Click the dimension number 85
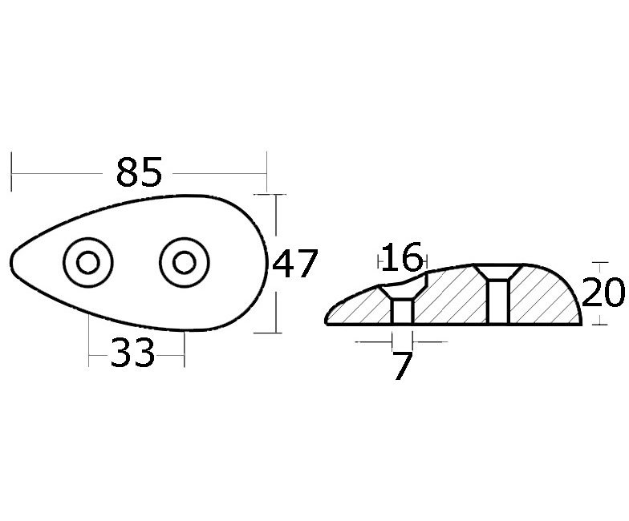click(x=139, y=172)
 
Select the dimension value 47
click(x=295, y=263)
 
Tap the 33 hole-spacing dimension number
click(x=132, y=353)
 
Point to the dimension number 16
click(x=403, y=256)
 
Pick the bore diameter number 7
click(x=403, y=366)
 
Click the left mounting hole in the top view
click(x=88, y=263)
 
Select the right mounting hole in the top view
click(x=185, y=263)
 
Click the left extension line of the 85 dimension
click(x=11, y=172)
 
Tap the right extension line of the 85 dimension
click(x=266, y=172)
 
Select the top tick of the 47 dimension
click(x=270, y=194)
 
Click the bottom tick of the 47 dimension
click(x=268, y=332)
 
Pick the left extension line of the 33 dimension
click(x=88, y=340)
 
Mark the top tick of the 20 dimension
click(x=600, y=263)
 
